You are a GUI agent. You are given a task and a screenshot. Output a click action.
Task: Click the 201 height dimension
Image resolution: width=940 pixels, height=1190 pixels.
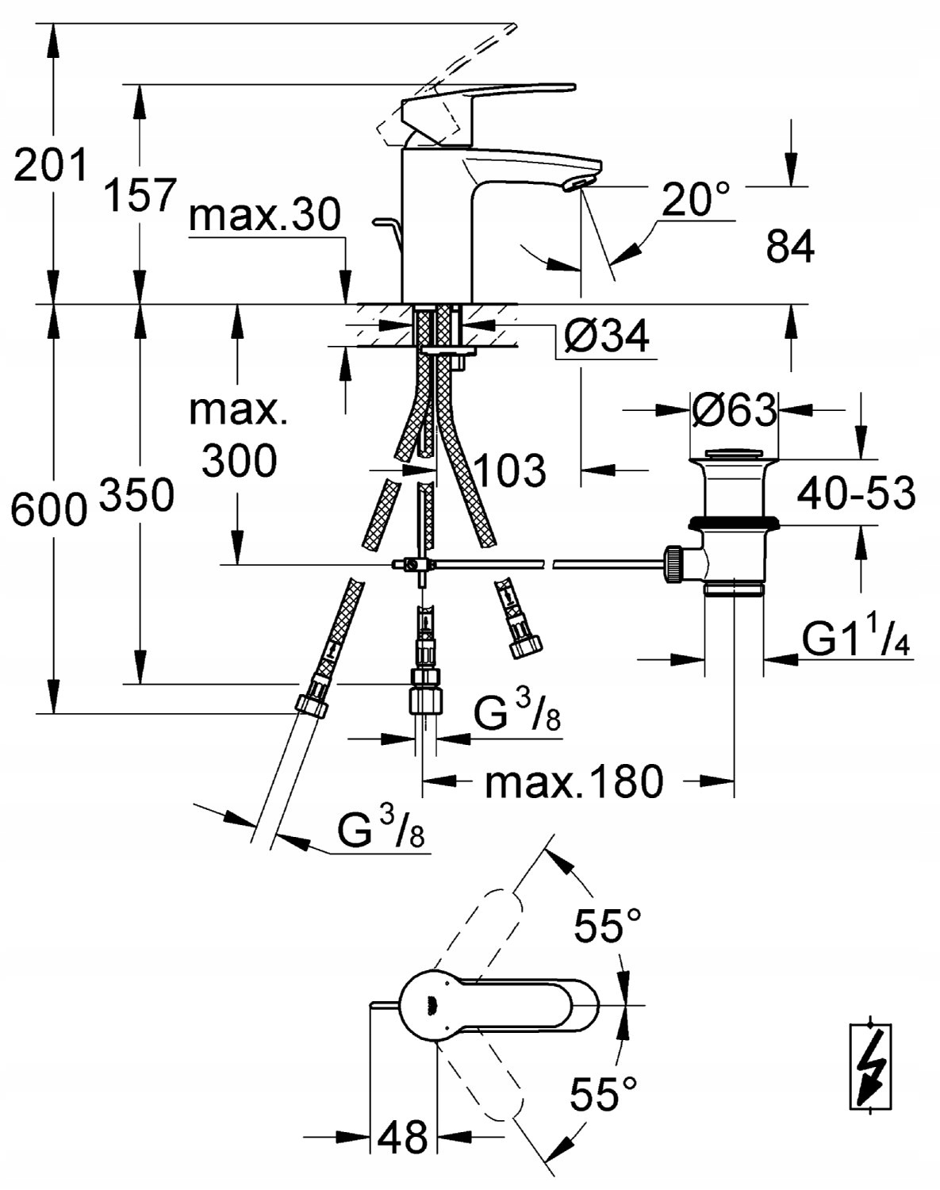tap(49, 166)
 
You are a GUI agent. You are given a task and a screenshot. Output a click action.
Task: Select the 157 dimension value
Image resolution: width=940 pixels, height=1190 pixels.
tap(140, 194)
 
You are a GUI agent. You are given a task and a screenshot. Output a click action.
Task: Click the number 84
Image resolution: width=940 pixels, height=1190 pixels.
tap(790, 248)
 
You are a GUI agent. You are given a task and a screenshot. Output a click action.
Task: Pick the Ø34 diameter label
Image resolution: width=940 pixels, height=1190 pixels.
tap(606, 336)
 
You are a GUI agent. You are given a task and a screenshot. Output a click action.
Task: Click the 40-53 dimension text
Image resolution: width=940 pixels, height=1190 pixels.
tap(856, 493)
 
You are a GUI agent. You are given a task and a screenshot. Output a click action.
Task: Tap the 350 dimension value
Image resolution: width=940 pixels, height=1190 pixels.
tap(136, 496)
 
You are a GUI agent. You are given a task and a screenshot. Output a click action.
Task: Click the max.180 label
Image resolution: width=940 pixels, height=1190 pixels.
tap(574, 782)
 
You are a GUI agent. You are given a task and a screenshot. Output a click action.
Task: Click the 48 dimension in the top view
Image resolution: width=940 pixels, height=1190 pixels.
tap(404, 1137)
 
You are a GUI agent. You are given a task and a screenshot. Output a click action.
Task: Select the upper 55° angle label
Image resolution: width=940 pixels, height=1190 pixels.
tap(608, 926)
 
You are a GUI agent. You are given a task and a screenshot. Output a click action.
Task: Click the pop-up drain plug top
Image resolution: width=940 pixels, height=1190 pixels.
tap(733, 455)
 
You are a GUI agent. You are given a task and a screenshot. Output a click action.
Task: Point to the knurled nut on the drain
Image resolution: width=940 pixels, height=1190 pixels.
tap(674, 564)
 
